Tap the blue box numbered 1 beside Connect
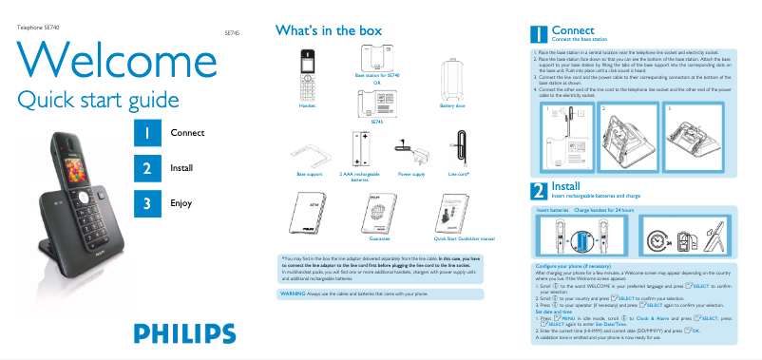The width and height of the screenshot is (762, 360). pyautogui.click(x=147, y=134)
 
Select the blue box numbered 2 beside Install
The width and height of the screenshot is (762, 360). pyautogui.click(x=147, y=168)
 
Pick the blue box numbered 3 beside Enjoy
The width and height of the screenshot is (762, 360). pyautogui.click(x=147, y=202)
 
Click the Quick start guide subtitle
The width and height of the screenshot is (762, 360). pyautogui.click(x=99, y=99)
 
